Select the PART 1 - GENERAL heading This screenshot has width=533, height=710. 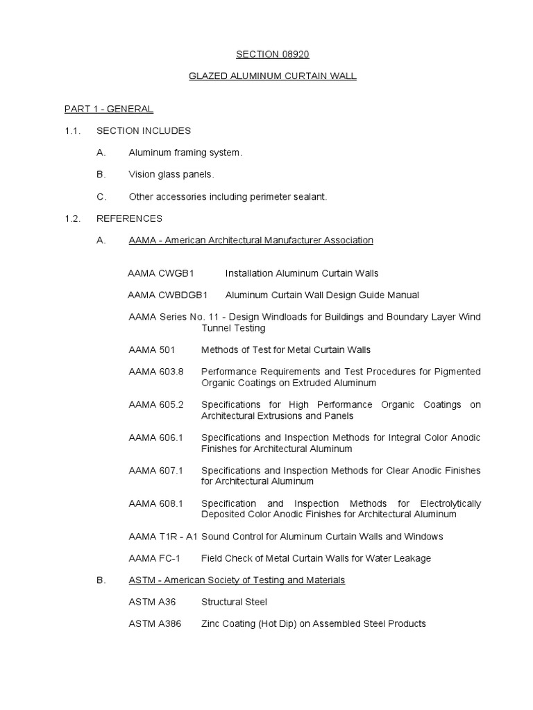[109, 109]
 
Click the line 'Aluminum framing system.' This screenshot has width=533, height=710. [186, 153]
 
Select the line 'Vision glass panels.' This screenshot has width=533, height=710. [171, 175]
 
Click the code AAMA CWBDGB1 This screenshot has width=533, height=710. [167, 295]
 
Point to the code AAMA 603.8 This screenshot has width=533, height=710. [156, 372]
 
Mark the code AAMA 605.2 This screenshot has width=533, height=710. [156, 405]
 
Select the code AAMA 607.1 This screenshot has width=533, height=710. [156, 471]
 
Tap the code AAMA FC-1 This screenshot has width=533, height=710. [154, 558]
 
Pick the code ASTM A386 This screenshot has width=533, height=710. [155, 624]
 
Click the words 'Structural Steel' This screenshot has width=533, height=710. [234, 602]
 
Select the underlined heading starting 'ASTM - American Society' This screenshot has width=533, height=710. [237, 580]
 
